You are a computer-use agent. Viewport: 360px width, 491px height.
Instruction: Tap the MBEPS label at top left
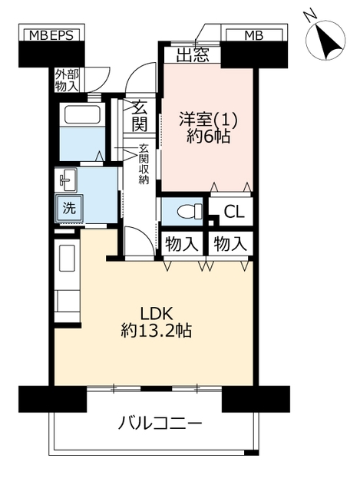point(51,35)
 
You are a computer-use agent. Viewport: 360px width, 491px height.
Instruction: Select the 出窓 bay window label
point(193,55)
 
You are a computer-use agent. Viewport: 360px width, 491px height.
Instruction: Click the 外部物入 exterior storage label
point(67,80)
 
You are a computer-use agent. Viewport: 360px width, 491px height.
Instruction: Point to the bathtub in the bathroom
point(83,114)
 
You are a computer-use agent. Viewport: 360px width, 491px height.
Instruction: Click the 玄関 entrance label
point(140,116)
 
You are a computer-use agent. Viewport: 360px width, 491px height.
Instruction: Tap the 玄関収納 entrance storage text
point(144,164)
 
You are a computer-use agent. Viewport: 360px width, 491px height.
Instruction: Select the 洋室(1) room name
point(208,120)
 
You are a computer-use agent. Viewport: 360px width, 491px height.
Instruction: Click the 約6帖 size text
point(209,137)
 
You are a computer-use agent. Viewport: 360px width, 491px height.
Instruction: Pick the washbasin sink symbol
point(67,180)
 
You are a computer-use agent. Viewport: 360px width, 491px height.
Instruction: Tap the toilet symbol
point(190,212)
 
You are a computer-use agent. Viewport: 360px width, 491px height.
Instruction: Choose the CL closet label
point(234,212)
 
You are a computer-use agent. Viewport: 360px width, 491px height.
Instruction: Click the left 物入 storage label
point(182,244)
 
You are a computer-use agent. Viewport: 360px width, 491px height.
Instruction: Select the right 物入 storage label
point(230,244)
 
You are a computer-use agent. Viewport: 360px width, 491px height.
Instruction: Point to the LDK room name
point(157,313)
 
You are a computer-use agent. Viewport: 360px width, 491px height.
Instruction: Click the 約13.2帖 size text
point(157,330)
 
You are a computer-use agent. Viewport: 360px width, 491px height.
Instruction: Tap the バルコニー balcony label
point(160,424)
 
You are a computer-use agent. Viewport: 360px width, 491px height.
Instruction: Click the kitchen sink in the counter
point(67,258)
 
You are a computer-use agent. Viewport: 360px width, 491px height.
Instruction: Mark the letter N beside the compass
point(311,15)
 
